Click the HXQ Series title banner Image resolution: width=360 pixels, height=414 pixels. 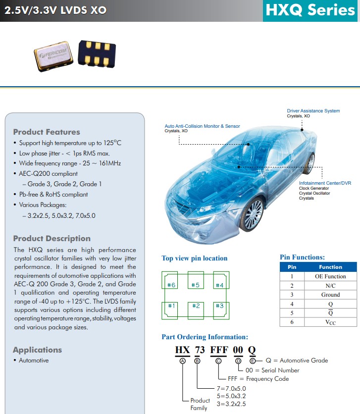[310, 10]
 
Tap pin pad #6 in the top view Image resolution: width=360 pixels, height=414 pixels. [171, 285]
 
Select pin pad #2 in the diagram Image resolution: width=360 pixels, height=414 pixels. [196, 306]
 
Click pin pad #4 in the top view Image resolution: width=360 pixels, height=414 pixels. [219, 285]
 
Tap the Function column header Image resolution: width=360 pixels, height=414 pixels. [330, 267]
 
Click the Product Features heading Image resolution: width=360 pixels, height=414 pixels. [47, 132]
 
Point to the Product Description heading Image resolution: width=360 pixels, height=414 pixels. [51, 238]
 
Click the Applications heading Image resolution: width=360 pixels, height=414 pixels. [38, 350]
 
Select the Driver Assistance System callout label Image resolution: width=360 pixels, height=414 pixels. [313, 111]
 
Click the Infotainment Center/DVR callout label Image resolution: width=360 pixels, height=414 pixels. [325, 183]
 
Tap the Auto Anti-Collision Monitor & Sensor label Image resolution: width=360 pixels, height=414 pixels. [202, 126]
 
